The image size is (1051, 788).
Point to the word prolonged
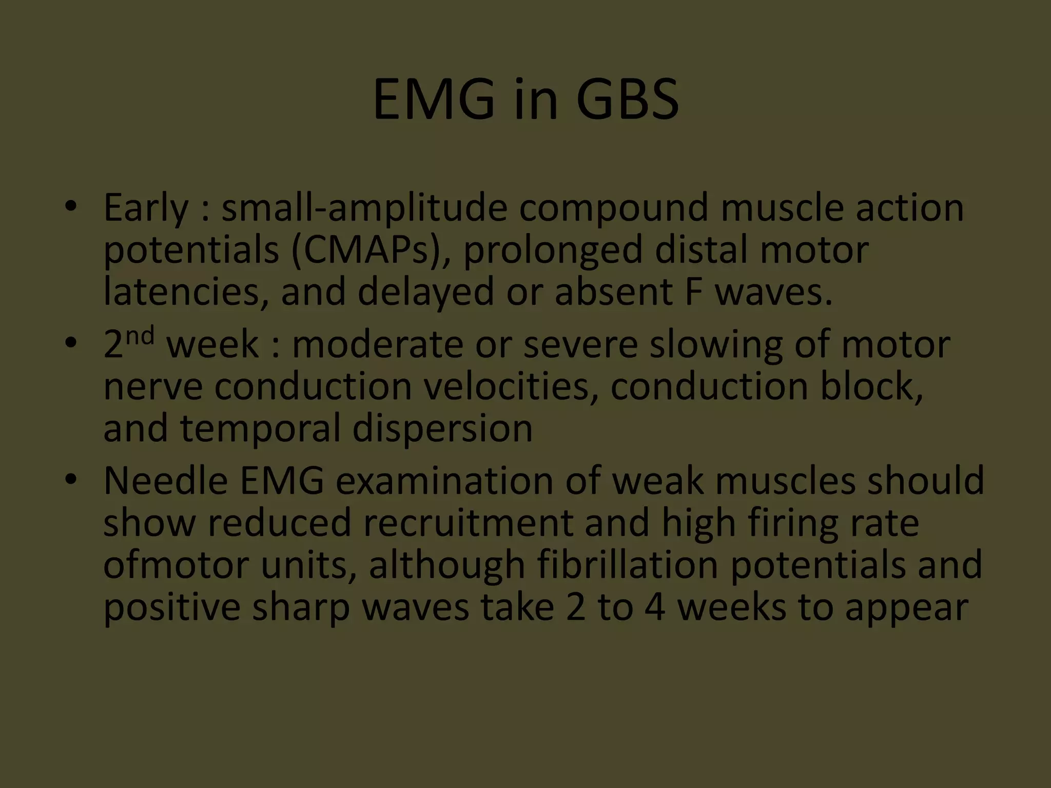coord(553,251)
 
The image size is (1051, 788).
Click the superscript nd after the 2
coord(140,336)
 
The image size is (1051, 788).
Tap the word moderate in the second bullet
coord(378,345)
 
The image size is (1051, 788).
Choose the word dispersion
coord(442,428)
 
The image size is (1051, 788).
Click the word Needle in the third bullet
coord(165,481)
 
